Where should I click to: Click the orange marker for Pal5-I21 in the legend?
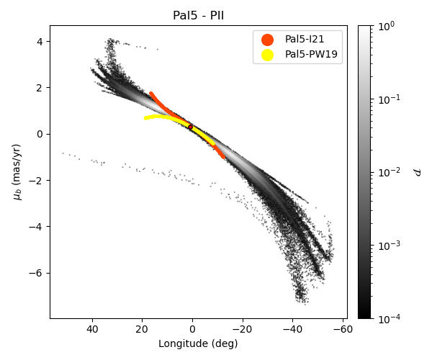click(267, 40)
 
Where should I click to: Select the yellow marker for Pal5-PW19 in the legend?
click(267, 54)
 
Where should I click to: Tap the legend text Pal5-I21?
click(305, 40)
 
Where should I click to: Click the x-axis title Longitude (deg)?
click(198, 343)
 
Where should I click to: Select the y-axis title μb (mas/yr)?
click(18, 172)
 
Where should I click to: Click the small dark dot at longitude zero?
click(190, 127)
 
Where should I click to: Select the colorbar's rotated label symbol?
click(416, 172)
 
